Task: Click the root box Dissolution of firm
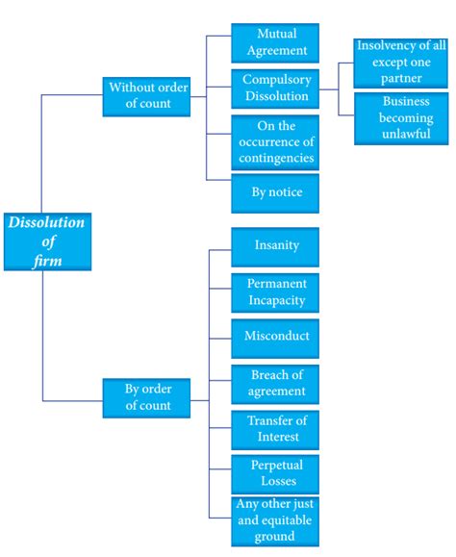46,241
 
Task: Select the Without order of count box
146,96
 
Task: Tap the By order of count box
146,397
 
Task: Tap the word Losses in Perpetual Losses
277,483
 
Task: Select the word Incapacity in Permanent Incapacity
277,300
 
